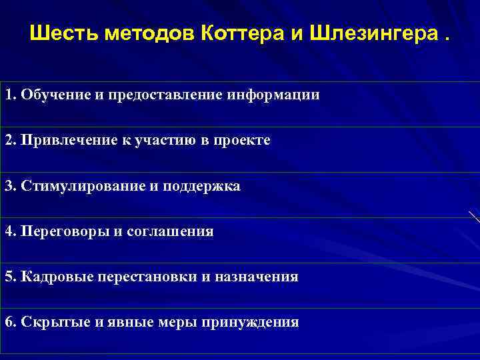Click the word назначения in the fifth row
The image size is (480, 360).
259,277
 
